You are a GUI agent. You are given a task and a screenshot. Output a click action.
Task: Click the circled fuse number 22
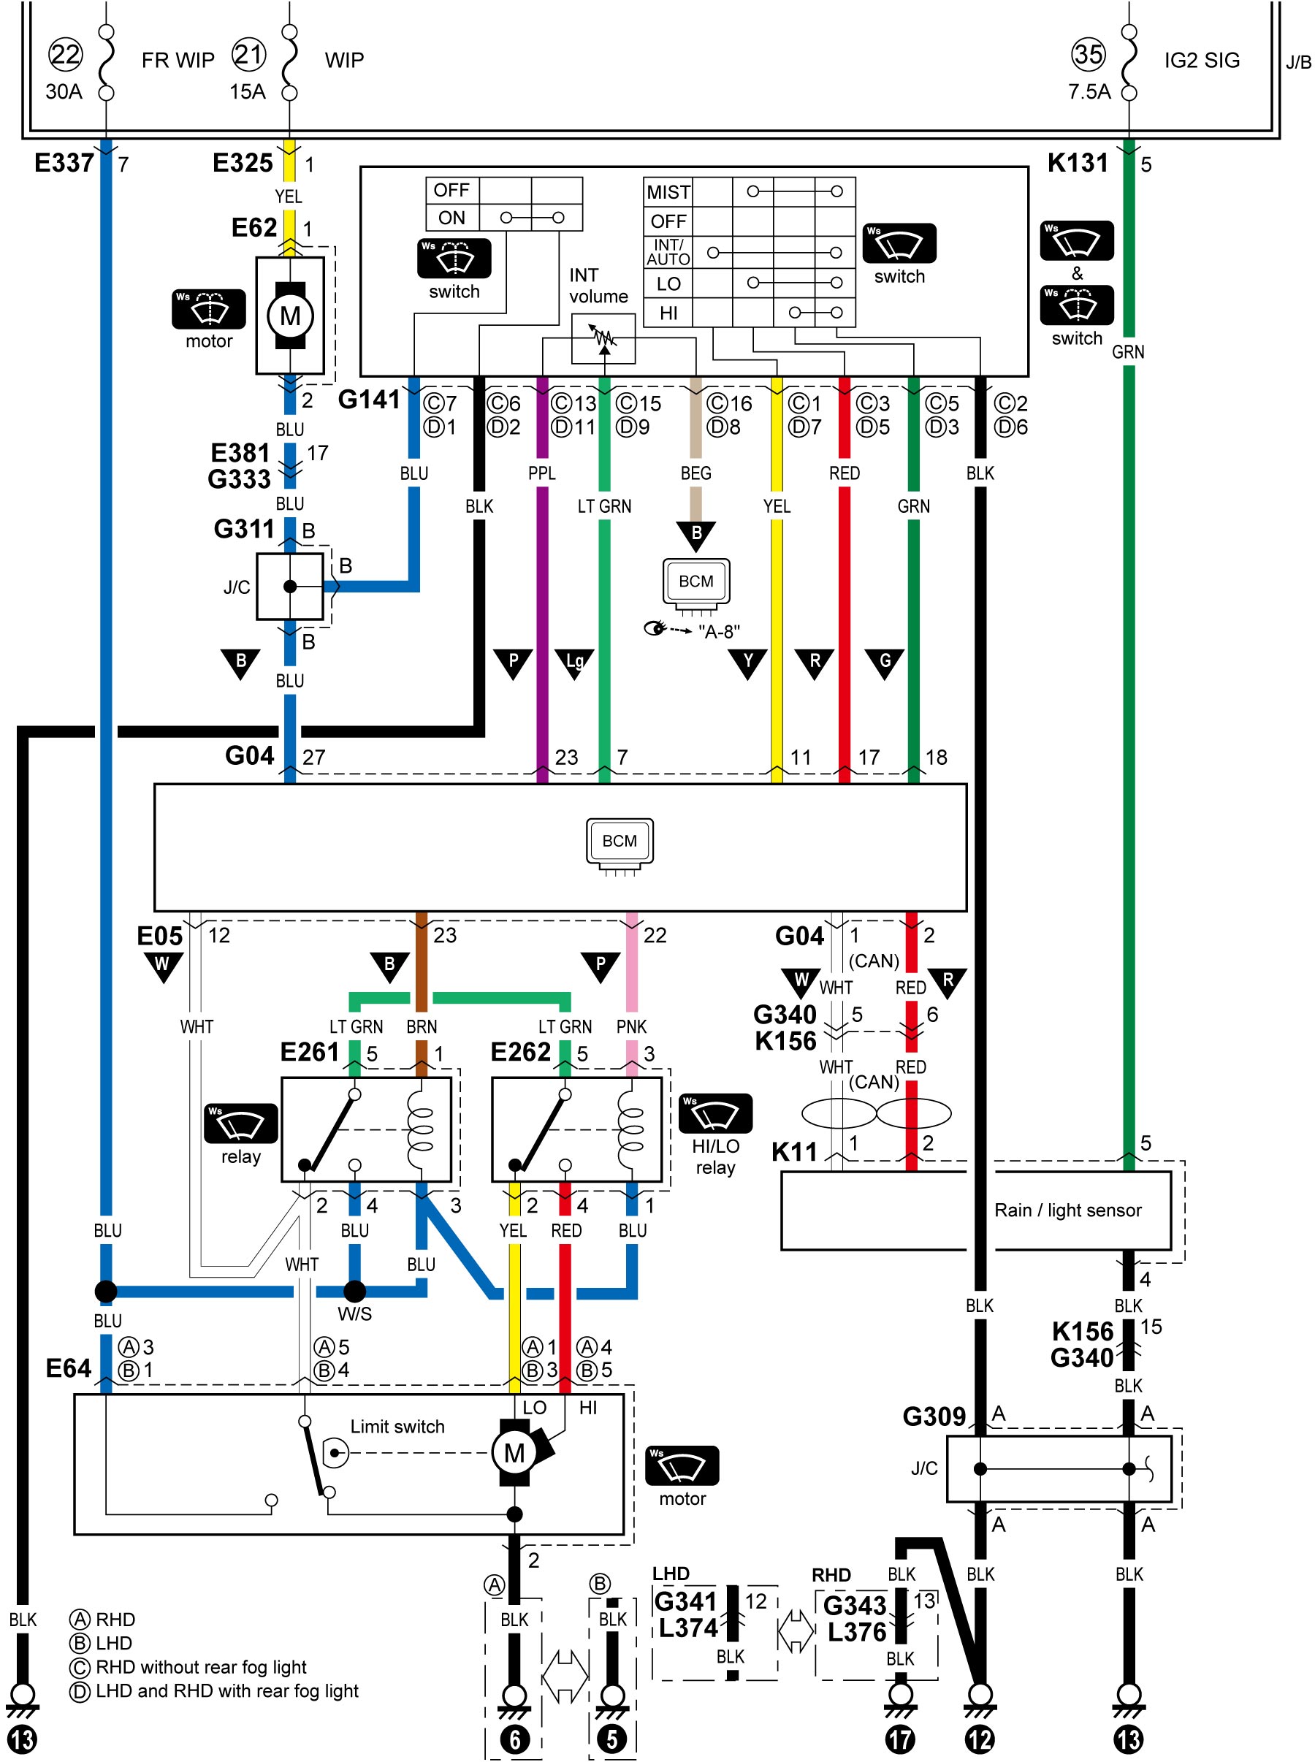(65, 54)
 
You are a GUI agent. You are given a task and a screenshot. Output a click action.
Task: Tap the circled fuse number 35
(1088, 54)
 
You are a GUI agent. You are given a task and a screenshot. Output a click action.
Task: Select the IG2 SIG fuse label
(1202, 61)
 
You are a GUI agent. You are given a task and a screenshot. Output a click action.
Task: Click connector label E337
(64, 163)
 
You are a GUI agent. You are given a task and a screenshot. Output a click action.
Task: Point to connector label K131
(1078, 163)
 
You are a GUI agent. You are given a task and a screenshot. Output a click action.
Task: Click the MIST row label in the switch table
(668, 193)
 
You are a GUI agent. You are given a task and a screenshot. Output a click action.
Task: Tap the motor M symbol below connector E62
(290, 316)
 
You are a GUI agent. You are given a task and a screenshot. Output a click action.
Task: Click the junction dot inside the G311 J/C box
(290, 587)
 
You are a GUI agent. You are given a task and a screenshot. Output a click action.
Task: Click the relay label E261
(310, 1052)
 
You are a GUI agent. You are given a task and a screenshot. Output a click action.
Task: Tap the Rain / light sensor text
(1067, 1210)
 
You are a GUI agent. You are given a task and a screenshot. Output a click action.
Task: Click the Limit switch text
(397, 1427)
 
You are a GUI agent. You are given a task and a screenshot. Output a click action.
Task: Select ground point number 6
(514, 1739)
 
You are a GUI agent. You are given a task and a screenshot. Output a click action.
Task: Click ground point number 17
(900, 1739)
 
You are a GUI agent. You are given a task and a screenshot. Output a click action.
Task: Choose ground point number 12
(980, 1739)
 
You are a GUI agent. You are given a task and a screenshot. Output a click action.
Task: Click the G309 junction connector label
(934, 1416)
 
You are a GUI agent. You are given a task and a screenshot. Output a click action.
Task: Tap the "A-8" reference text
(719, 631)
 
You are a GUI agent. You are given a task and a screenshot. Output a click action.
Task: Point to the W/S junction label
(354, 1314)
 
